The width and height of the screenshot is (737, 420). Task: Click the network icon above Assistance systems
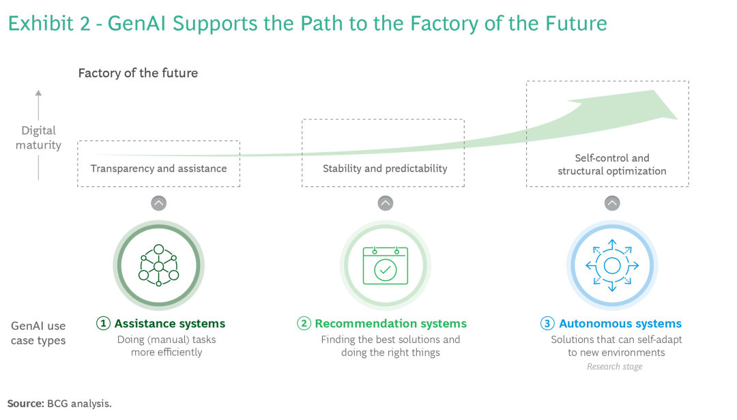158,265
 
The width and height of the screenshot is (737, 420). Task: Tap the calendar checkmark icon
386,265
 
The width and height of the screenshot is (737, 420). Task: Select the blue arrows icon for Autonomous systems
612,265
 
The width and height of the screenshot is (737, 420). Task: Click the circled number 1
104,324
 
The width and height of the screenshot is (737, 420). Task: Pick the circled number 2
304,324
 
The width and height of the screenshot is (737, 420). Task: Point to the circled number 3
547,324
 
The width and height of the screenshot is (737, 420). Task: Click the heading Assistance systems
169,324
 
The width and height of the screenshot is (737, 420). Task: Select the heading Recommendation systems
390,324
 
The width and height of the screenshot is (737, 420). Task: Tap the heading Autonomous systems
620,324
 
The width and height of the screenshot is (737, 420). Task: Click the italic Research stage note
614,367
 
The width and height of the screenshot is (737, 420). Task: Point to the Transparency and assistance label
158,168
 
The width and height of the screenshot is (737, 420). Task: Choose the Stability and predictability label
385,168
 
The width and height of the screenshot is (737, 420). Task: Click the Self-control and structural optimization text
611,164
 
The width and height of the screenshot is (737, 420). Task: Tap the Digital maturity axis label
38,137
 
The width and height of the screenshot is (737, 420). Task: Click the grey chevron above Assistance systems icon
158,203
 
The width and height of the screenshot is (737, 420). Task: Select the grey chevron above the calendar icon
386,203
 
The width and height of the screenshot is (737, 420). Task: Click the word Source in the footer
25,403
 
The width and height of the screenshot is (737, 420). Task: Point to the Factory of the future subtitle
138,73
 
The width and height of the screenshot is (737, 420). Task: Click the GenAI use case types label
38,333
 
